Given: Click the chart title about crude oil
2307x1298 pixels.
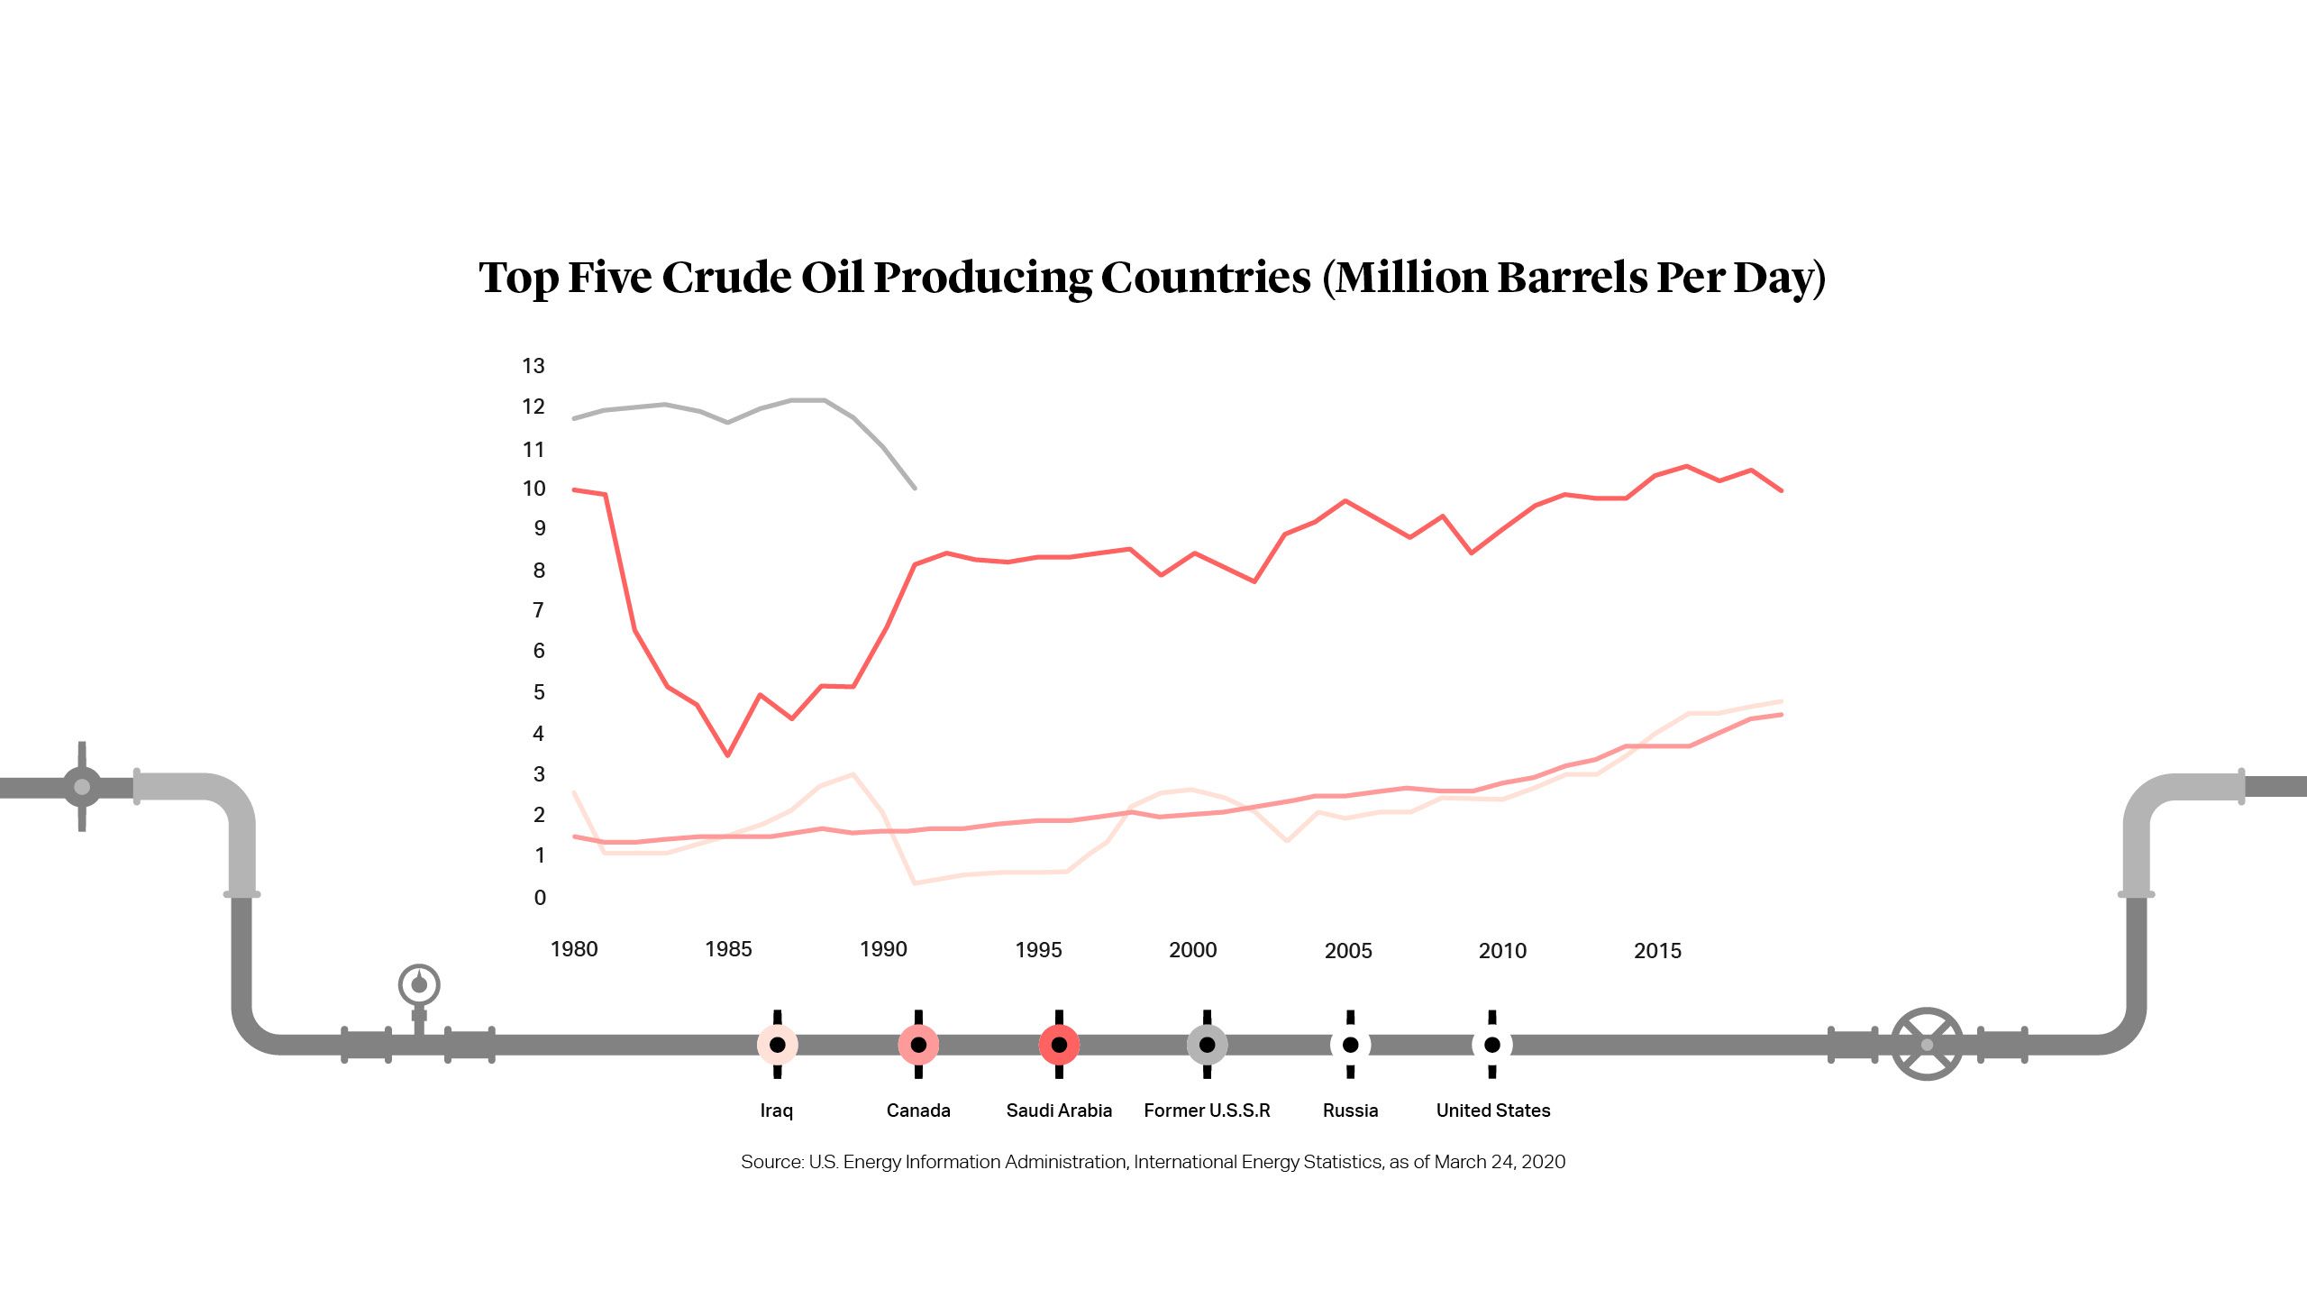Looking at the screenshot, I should (1152, 278).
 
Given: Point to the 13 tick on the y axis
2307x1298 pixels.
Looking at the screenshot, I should (533, 366).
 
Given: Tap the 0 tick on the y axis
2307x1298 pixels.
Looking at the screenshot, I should (540, 898).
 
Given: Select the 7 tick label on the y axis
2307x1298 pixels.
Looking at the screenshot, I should (539, 611).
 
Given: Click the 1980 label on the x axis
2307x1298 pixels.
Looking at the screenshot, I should (574, 949).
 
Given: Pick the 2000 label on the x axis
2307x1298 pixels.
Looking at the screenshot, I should (1192, 950).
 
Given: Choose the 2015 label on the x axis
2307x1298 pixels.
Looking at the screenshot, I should (1657, 951).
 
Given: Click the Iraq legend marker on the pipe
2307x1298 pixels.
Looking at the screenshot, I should (777, 1045).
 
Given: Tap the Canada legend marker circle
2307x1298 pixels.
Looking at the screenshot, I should (918, 1045).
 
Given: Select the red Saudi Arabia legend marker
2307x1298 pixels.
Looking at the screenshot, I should (1059, 1045).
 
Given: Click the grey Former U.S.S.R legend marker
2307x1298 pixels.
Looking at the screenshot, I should (1207, 1045).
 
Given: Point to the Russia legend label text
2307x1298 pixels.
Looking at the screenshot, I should (1350, 1111).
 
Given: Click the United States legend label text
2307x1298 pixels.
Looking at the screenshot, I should (1493, 1111).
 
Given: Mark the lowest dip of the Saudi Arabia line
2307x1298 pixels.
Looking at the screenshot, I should (727, 754).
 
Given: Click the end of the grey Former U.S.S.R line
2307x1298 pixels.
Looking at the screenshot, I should (915, 488).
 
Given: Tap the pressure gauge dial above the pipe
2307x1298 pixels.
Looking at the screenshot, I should (419, 984).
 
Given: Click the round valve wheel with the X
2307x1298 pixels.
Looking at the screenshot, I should (1927, 1045).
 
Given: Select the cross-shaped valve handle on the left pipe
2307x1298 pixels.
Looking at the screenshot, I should (82, 787).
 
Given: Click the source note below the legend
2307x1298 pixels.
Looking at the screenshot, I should (1153, 1162).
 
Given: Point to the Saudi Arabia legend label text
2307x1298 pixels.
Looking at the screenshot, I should (1059, 1111).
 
